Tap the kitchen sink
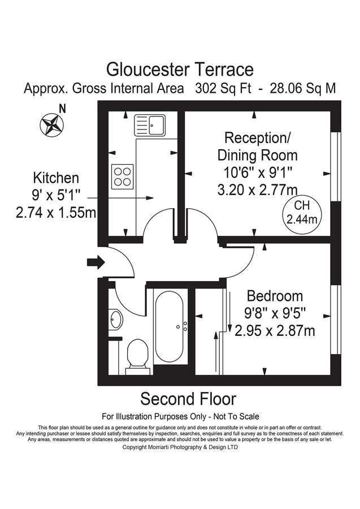[x=150, y=124]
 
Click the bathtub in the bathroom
[x=169, y=326]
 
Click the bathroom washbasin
[x=115, y=319]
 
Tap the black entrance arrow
[x=96, y=262]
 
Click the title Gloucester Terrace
[x=180, y=69]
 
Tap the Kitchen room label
[x=55, y=178]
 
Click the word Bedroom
[x=275, y=296]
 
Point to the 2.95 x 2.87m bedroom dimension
[x=274, y=331]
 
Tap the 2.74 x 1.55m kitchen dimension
[x=56, y=213]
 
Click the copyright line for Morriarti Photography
[x=180, y=447]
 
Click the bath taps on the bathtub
[x=184, y=326]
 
